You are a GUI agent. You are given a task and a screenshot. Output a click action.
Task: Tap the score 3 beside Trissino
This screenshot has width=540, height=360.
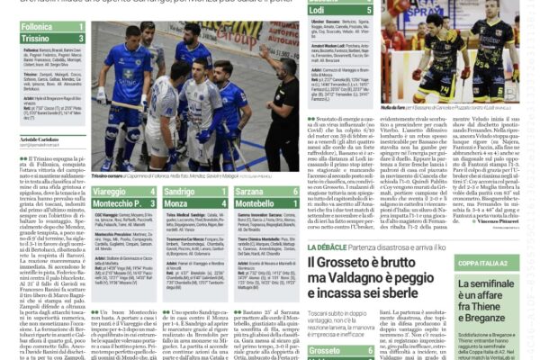tap(80, 40)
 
